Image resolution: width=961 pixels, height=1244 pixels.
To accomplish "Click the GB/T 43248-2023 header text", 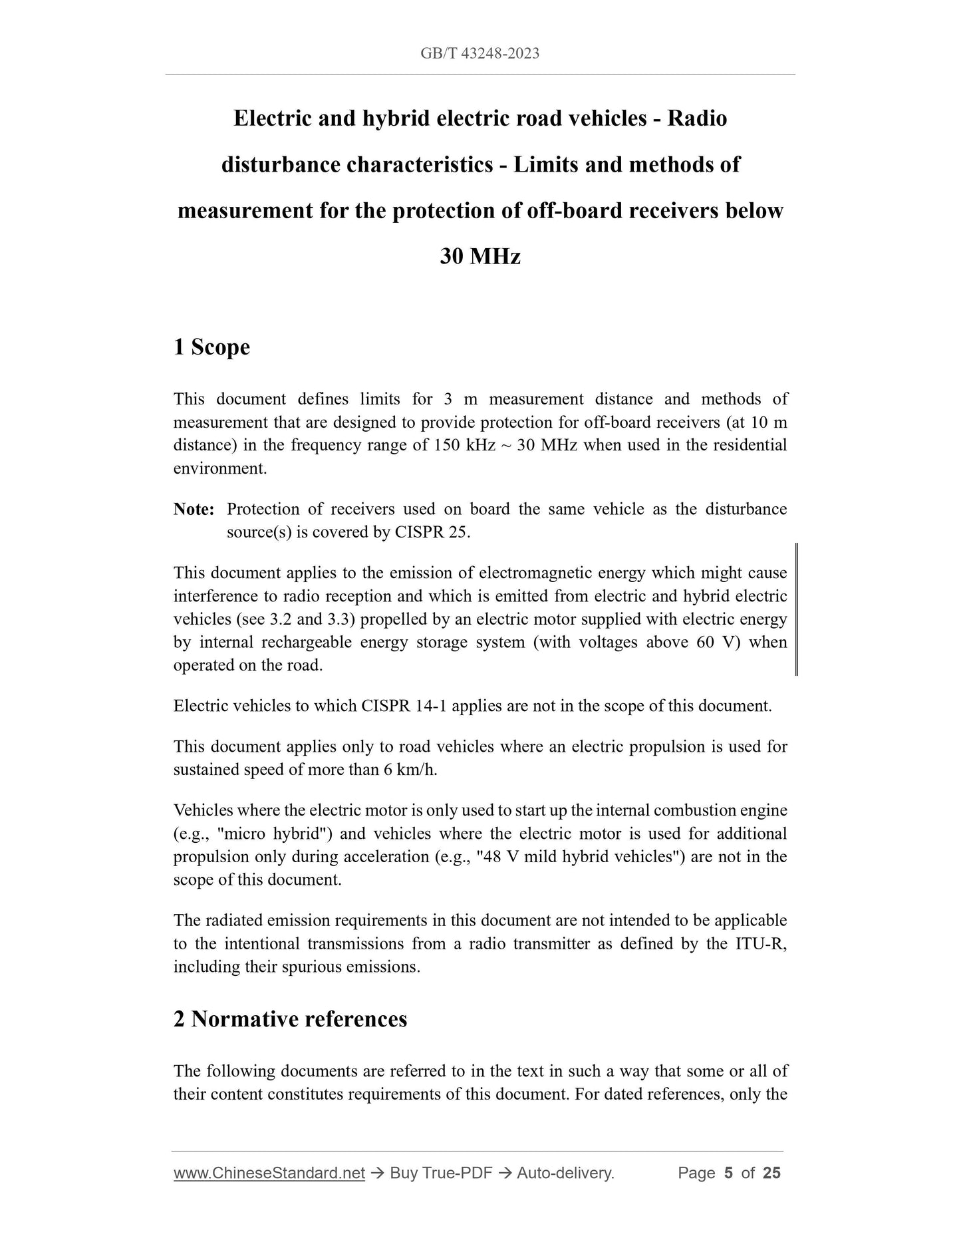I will pyautogui.click(x=480, y=53).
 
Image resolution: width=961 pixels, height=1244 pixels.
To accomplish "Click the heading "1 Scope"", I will pyautogui.click(x=211, y=347).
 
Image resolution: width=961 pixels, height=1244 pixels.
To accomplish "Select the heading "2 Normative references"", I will pyautogui.click(x=290, y=1018).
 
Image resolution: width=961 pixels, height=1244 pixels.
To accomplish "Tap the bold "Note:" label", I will pyautogui.click(x=194, y=509).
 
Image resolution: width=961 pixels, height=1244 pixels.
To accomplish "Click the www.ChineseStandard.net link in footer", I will pyautogui.click(x=269, y=1173).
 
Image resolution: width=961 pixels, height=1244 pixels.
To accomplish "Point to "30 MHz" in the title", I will pyautogui.click(x=480, y=256).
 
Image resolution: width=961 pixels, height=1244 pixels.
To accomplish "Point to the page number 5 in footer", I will pyautogui.click(x=728, y=1173).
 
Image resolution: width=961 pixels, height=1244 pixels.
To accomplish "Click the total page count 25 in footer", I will pyautogui.click(x=771, y=1173).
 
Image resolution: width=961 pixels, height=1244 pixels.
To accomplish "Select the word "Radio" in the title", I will pyautogui.click(x=697, y=118).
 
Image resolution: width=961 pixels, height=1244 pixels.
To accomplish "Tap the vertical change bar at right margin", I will pyautogui.click(x=796, y=609).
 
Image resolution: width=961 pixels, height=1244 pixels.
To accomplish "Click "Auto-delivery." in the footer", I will pyautogui.click(x=565, y=1173).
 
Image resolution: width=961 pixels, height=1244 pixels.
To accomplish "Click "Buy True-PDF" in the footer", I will pyautogui.click(x=441, y=1173).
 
